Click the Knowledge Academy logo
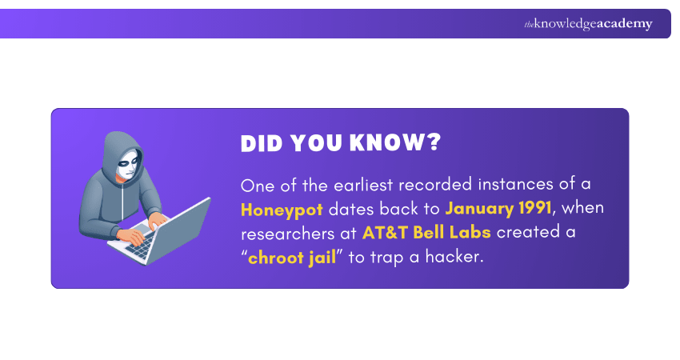pos(588,24)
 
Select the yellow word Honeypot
pos(282,210)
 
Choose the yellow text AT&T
pos(385,233)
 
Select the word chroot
pos(275,258)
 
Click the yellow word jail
pos(322,258)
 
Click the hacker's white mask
pos(129,163)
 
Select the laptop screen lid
pos(178,230)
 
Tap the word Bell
pos(429,233)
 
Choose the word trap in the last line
pos(387,258)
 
